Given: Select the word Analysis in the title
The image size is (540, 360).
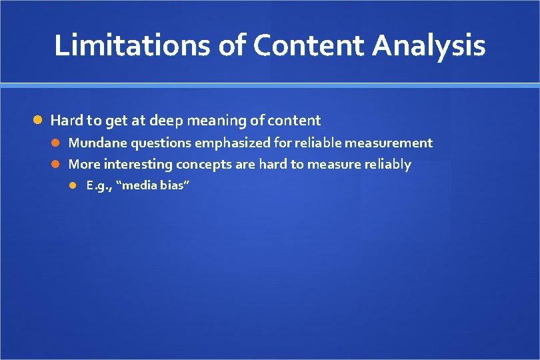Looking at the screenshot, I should (429, 45).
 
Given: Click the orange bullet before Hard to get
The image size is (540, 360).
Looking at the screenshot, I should (39, 120).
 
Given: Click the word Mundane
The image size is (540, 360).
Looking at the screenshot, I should (98, 143).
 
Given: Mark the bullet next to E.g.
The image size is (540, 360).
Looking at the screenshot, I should (75, 185).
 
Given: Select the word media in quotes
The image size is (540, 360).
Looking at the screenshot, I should (141, 185).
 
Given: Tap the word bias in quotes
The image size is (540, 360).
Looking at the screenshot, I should (174, 185).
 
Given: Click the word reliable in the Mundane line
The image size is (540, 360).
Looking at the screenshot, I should (318, 143).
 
